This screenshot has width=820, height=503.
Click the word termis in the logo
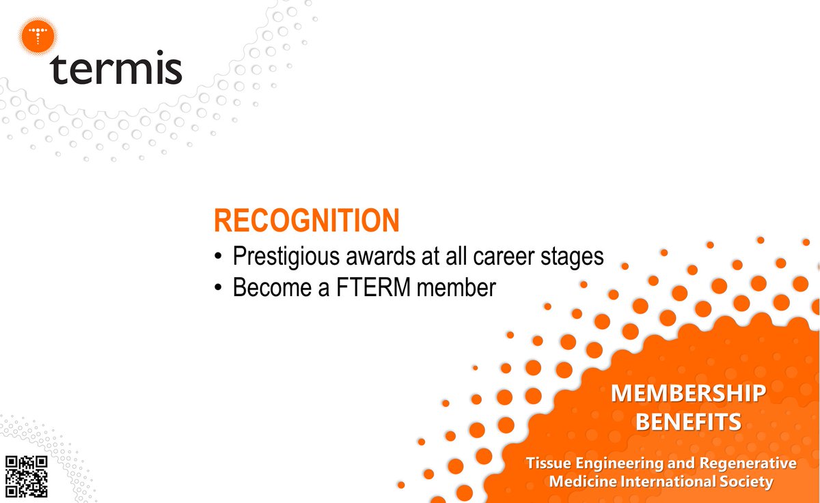coord(116,70)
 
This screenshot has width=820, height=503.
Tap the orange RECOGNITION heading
coord(306,221)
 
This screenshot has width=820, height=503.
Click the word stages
coord(570,257)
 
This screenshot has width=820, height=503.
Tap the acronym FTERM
coord(377,287)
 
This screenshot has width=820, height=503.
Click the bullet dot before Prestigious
coord(218,257)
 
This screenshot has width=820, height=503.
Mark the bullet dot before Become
coord(218,288)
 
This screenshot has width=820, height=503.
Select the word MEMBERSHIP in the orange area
coord(688,393)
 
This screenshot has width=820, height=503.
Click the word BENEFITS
coord(688,422)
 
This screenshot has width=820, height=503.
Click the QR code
coord(27,476)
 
